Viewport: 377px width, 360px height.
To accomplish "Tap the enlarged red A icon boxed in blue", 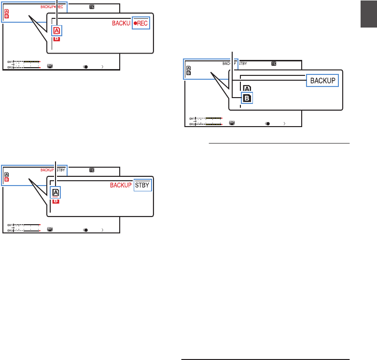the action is [56, 30].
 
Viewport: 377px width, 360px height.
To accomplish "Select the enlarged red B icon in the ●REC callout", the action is [56, 39].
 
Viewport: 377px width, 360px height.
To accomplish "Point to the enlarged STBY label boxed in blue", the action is [142, 185].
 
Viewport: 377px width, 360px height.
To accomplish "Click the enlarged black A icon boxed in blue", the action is [56, 192].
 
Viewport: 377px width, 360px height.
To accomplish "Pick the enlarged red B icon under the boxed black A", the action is [56, 200].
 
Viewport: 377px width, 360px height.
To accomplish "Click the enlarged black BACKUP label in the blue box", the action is [322, 80].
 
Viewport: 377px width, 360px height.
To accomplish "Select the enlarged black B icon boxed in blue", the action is [247, 98].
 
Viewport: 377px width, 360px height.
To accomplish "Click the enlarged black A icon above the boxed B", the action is [247, 89].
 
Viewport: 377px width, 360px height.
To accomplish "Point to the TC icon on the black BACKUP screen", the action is [274, 63].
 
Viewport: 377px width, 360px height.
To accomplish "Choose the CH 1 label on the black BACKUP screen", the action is [191, 118].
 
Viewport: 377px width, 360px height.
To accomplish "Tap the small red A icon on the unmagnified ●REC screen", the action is [6, 12].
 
